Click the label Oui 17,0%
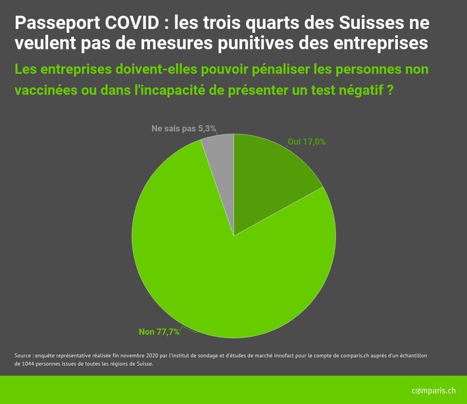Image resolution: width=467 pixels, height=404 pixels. pyautogui.click(x=307, y=141)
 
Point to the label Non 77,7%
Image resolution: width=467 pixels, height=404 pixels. pyautogui.click(x=159, y=331)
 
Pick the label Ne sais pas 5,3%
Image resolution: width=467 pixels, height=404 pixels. pyautogui.click(x=184, y=128)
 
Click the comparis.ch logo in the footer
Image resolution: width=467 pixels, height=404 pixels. pyautogui.click(x=433, y=390)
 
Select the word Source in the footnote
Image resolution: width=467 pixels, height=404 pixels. pyautogui.click(x=24, y=355)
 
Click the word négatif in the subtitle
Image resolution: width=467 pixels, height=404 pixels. pyautogui.click(x=359, y=90)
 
